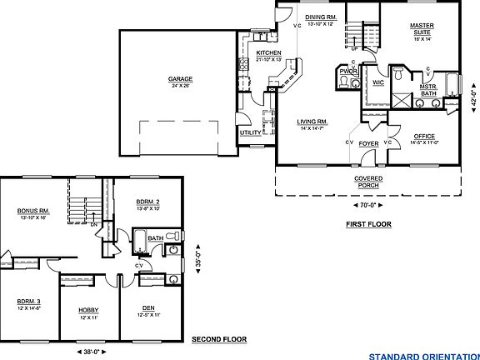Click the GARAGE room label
[x=180, y=79]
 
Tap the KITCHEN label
[x=268, y=53]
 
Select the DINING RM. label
[x=320, y=17]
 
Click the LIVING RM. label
[x=312, y=122]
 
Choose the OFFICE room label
[x=423, y=137]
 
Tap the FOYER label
[x=368, y=143]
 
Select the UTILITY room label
[x=250, y=132]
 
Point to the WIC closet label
[x=377, y=82]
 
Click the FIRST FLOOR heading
[x=368, y=224]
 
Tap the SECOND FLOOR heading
[x=220, y=339]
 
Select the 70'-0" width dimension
[x=367, y=204]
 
